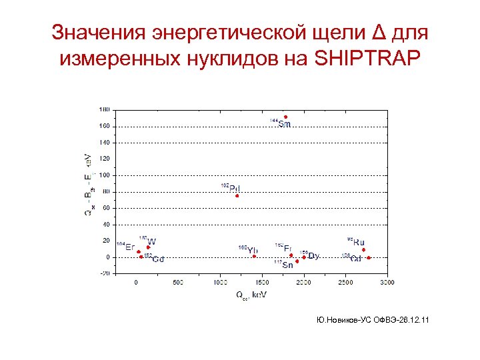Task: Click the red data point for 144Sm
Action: pyautogui.click(x=286, y=117)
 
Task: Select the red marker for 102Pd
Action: pyautogui.click(x=237, y=196)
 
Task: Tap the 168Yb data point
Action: pyautogui.click(x=254, y=256)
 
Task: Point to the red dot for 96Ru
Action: pyautogui.click(x=363, y=250)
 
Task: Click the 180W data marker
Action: pyautogui.click(x=148, y=247)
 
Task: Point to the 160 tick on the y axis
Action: pyautogui.click(x=105, y=126)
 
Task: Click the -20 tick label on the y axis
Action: pyautogui.click(x=105, y=273)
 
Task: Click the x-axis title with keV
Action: pyautogui.click(x=249, y=294)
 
